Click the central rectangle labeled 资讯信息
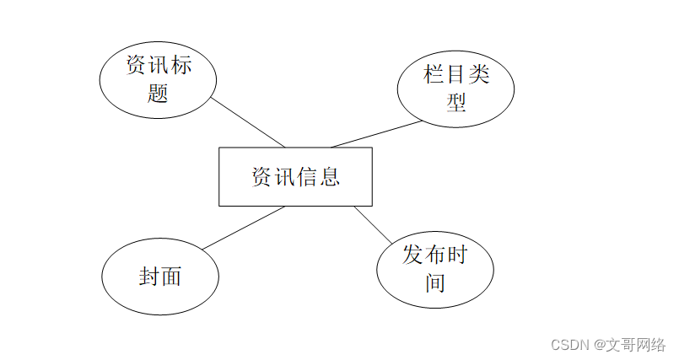click(295, 176)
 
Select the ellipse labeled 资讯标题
click(158, 78)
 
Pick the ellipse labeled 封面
click(160, 277)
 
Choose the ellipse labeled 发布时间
click(434, 269)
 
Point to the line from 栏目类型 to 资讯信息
click(376, 135)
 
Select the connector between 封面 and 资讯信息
click(244, 228)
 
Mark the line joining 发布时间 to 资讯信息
click(372, 224)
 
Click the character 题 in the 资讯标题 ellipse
click(158, 92)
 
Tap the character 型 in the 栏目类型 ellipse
click(456, 102)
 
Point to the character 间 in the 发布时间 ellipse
click(435, 282)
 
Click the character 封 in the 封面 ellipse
click(149, 277)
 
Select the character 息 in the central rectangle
click(329, 177)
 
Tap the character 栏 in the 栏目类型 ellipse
click(434, 75)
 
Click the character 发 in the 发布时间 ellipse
click(412, 255)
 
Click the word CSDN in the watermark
click(569, 345)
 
